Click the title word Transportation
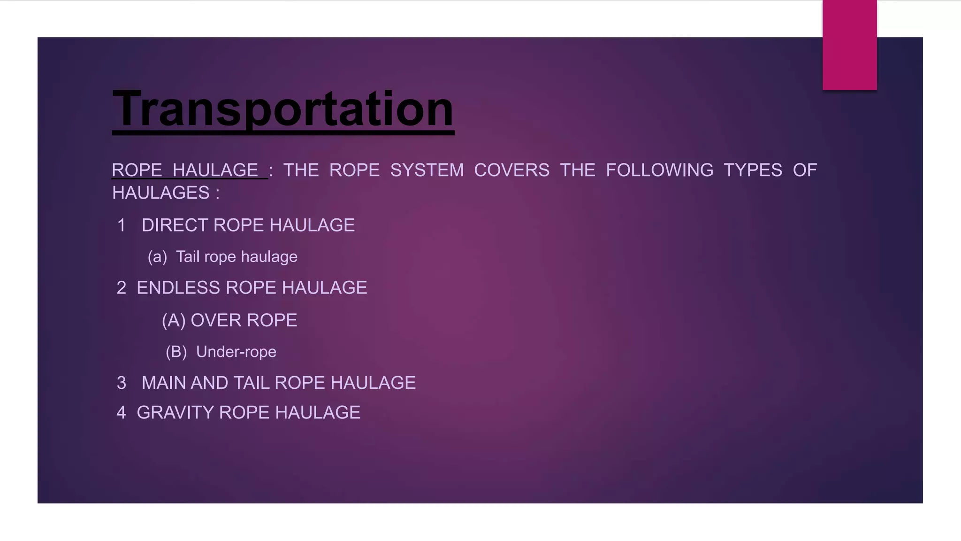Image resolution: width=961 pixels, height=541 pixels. point(283,109)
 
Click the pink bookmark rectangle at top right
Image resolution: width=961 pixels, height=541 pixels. point(849,45)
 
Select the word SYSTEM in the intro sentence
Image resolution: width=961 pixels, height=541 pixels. point(427,170)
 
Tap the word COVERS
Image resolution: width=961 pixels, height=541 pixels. point(511,170)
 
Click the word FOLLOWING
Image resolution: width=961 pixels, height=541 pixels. point(659,170)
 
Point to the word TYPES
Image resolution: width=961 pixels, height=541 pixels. point(753,170)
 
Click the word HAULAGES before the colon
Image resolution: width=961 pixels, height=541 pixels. point(161,193)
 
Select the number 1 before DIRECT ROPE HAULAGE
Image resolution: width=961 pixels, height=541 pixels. point(122,225)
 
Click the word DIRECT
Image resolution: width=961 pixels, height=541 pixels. point(175,225)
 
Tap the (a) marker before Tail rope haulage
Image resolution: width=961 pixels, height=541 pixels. point(157,257)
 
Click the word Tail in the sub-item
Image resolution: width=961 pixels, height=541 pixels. point(188,257)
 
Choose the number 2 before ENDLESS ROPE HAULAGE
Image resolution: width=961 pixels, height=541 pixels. point(121,288)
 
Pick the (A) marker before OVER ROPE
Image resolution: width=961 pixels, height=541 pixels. point(174,321)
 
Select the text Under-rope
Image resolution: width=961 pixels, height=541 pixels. point(236,352)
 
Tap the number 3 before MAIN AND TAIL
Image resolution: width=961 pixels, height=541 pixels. point(122,383)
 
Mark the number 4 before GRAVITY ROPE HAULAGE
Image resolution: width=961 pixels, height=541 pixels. point(121,413)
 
